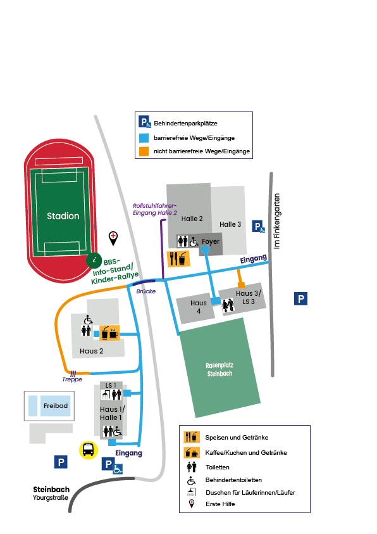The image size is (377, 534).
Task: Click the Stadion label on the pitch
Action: (63, 216)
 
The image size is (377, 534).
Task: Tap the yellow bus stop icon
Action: (89, 450)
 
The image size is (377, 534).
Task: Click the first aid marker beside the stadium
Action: (113, 238)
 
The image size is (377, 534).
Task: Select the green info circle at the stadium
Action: (94, 260)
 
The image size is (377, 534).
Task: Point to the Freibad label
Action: (56, 405)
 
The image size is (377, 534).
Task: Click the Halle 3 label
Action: (230, 224)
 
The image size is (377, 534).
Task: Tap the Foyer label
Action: (211, 241)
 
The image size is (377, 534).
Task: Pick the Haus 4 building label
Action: (199, 307)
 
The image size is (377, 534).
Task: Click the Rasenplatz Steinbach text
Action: (219, 369)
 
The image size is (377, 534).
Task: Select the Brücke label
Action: (146, 291)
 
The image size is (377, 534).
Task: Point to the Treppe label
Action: (72, 379)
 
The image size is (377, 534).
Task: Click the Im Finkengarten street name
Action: (276, 221)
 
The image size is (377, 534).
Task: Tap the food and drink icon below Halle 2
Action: (178, 259)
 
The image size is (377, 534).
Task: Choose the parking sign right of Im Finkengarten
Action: (301, 298)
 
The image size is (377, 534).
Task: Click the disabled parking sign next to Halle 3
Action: (258, 227)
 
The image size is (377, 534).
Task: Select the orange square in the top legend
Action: (144, 151)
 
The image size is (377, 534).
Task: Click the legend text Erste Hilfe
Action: (220, 504)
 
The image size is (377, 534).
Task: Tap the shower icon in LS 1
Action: (106, 395)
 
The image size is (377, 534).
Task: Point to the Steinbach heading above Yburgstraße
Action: (51, 490)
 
